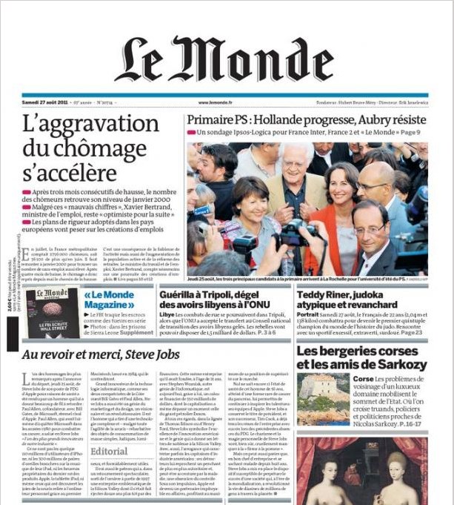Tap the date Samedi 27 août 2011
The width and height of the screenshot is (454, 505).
pos(44,103)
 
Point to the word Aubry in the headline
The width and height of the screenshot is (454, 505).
pos(368,119)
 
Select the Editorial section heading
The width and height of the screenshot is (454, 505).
pos(109,450)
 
